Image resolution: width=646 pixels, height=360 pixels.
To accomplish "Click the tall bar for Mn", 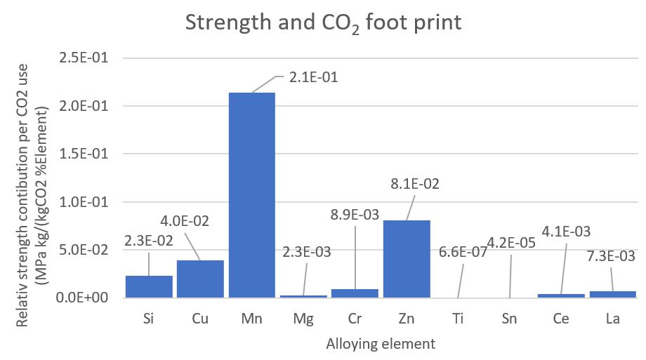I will (x=252, y=194).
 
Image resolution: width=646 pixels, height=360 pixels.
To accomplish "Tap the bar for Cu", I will (x=200, y=279).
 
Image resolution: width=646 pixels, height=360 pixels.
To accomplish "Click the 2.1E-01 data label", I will (x=313, y=78).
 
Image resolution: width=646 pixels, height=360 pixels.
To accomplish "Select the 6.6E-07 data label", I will (x=461, y=251).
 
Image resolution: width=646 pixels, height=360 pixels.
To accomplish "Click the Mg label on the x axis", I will (x=303, y=319).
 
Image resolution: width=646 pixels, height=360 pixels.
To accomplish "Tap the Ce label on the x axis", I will (x=561, y=319).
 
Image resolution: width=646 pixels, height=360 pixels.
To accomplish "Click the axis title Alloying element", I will (x=380, y=345).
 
